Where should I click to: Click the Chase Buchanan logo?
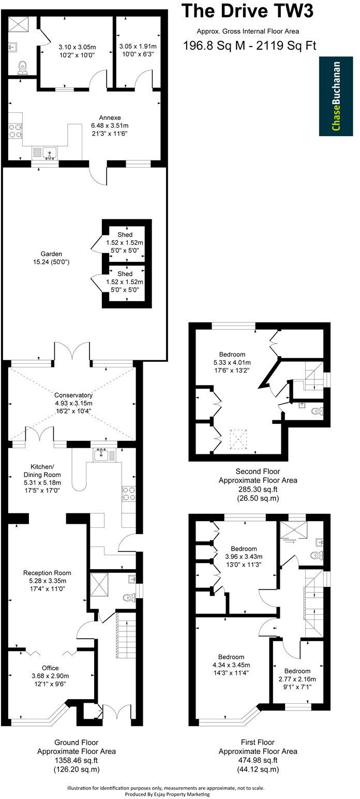pos(336,96)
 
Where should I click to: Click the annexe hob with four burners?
pos(15,130)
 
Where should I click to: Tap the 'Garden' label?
pos(52,254)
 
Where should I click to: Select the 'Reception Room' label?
pos(47,573)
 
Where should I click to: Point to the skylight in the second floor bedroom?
pos(238,439)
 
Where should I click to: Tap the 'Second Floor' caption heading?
pos(258,471)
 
